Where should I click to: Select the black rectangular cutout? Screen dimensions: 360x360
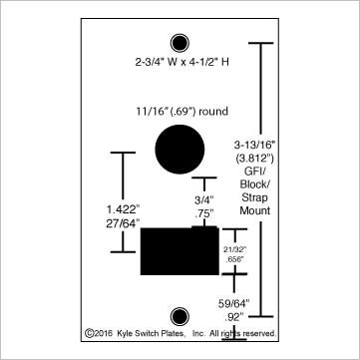(179, 249)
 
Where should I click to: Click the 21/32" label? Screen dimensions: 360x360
(233, 247)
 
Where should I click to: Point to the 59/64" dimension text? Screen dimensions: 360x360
(235, 301)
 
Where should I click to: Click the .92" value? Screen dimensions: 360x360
(235, 314)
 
